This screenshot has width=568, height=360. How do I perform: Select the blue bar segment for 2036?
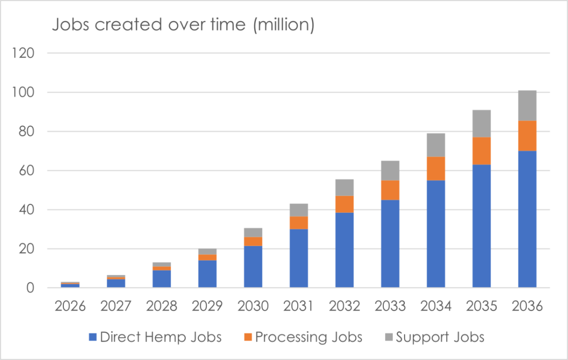tap(527, 219)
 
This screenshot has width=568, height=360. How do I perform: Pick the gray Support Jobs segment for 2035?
tap(481, 123)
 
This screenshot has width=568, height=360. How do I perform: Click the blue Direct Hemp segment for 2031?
tap(299, 258)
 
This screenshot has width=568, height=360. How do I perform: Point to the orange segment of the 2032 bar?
tap(344, 204)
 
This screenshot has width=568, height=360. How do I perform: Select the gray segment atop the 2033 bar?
tap(390, 170)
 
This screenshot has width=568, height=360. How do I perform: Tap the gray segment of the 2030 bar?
tap(253, 232)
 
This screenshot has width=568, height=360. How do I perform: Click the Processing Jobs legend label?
tap(309, 337)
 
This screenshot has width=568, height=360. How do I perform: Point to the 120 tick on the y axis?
tap(24, 53)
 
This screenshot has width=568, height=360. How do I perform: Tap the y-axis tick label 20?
tap(27, 248)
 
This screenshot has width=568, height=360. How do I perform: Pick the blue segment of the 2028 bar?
tap(161, 279)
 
